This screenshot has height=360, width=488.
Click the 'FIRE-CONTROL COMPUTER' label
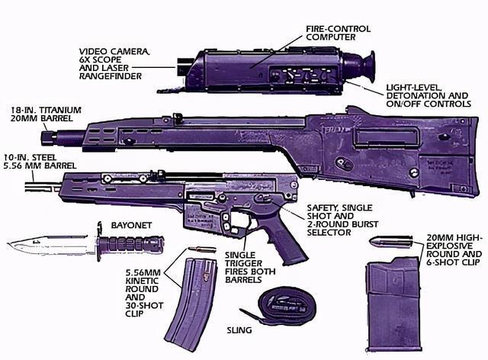[339, 33]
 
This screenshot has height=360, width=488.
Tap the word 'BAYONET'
[131, 225]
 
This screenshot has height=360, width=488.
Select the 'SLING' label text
[239, 330]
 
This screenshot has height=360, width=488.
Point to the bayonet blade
[50, 245]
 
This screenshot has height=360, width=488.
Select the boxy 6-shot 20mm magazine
[393, 304]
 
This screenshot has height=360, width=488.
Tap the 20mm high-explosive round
[391, 242]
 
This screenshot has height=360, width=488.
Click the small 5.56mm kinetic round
[201, 249]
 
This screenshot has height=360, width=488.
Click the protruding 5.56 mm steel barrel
[43, 187]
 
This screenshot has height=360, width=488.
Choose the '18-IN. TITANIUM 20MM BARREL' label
[46, 114]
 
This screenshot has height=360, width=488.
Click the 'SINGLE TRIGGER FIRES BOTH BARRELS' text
[250, 267]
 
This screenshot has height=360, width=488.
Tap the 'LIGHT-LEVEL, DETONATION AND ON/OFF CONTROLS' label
[429, 96]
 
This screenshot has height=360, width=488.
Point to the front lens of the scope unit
[181, 66]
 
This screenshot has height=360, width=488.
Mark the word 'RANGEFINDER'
[111, 76]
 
